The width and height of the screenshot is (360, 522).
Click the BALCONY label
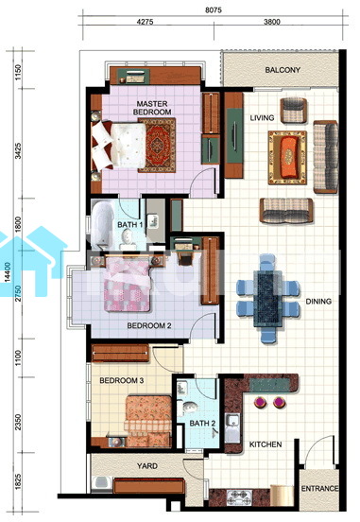tap(283, 70)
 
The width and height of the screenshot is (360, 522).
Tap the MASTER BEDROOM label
tap(152, 108)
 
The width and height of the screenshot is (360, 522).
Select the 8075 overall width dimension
tap(213, 10)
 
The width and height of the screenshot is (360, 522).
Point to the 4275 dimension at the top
tap(146, 22)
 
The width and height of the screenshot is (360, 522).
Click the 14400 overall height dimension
tap(8, 272)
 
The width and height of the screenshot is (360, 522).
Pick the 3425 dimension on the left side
tap(18, 150)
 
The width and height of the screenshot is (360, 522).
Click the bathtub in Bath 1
tap(101, 225)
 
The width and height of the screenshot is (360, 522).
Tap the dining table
tap(267, 298)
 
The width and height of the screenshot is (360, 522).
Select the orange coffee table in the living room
tap(288, 158)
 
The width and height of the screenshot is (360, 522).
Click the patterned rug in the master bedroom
tap(157, 145)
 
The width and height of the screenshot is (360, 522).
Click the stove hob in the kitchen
tap(239, 497)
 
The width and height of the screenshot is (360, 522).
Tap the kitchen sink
tap(232, 427)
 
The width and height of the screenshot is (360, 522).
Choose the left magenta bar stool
tap(260, 402)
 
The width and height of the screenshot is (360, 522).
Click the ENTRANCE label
tap(319, 488)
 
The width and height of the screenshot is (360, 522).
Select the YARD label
tap(147, 466)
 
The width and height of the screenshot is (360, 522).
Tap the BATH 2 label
tap(202, 424)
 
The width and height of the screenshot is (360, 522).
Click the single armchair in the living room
tap(294, 111)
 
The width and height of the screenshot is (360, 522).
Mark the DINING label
tap(318, 302)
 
